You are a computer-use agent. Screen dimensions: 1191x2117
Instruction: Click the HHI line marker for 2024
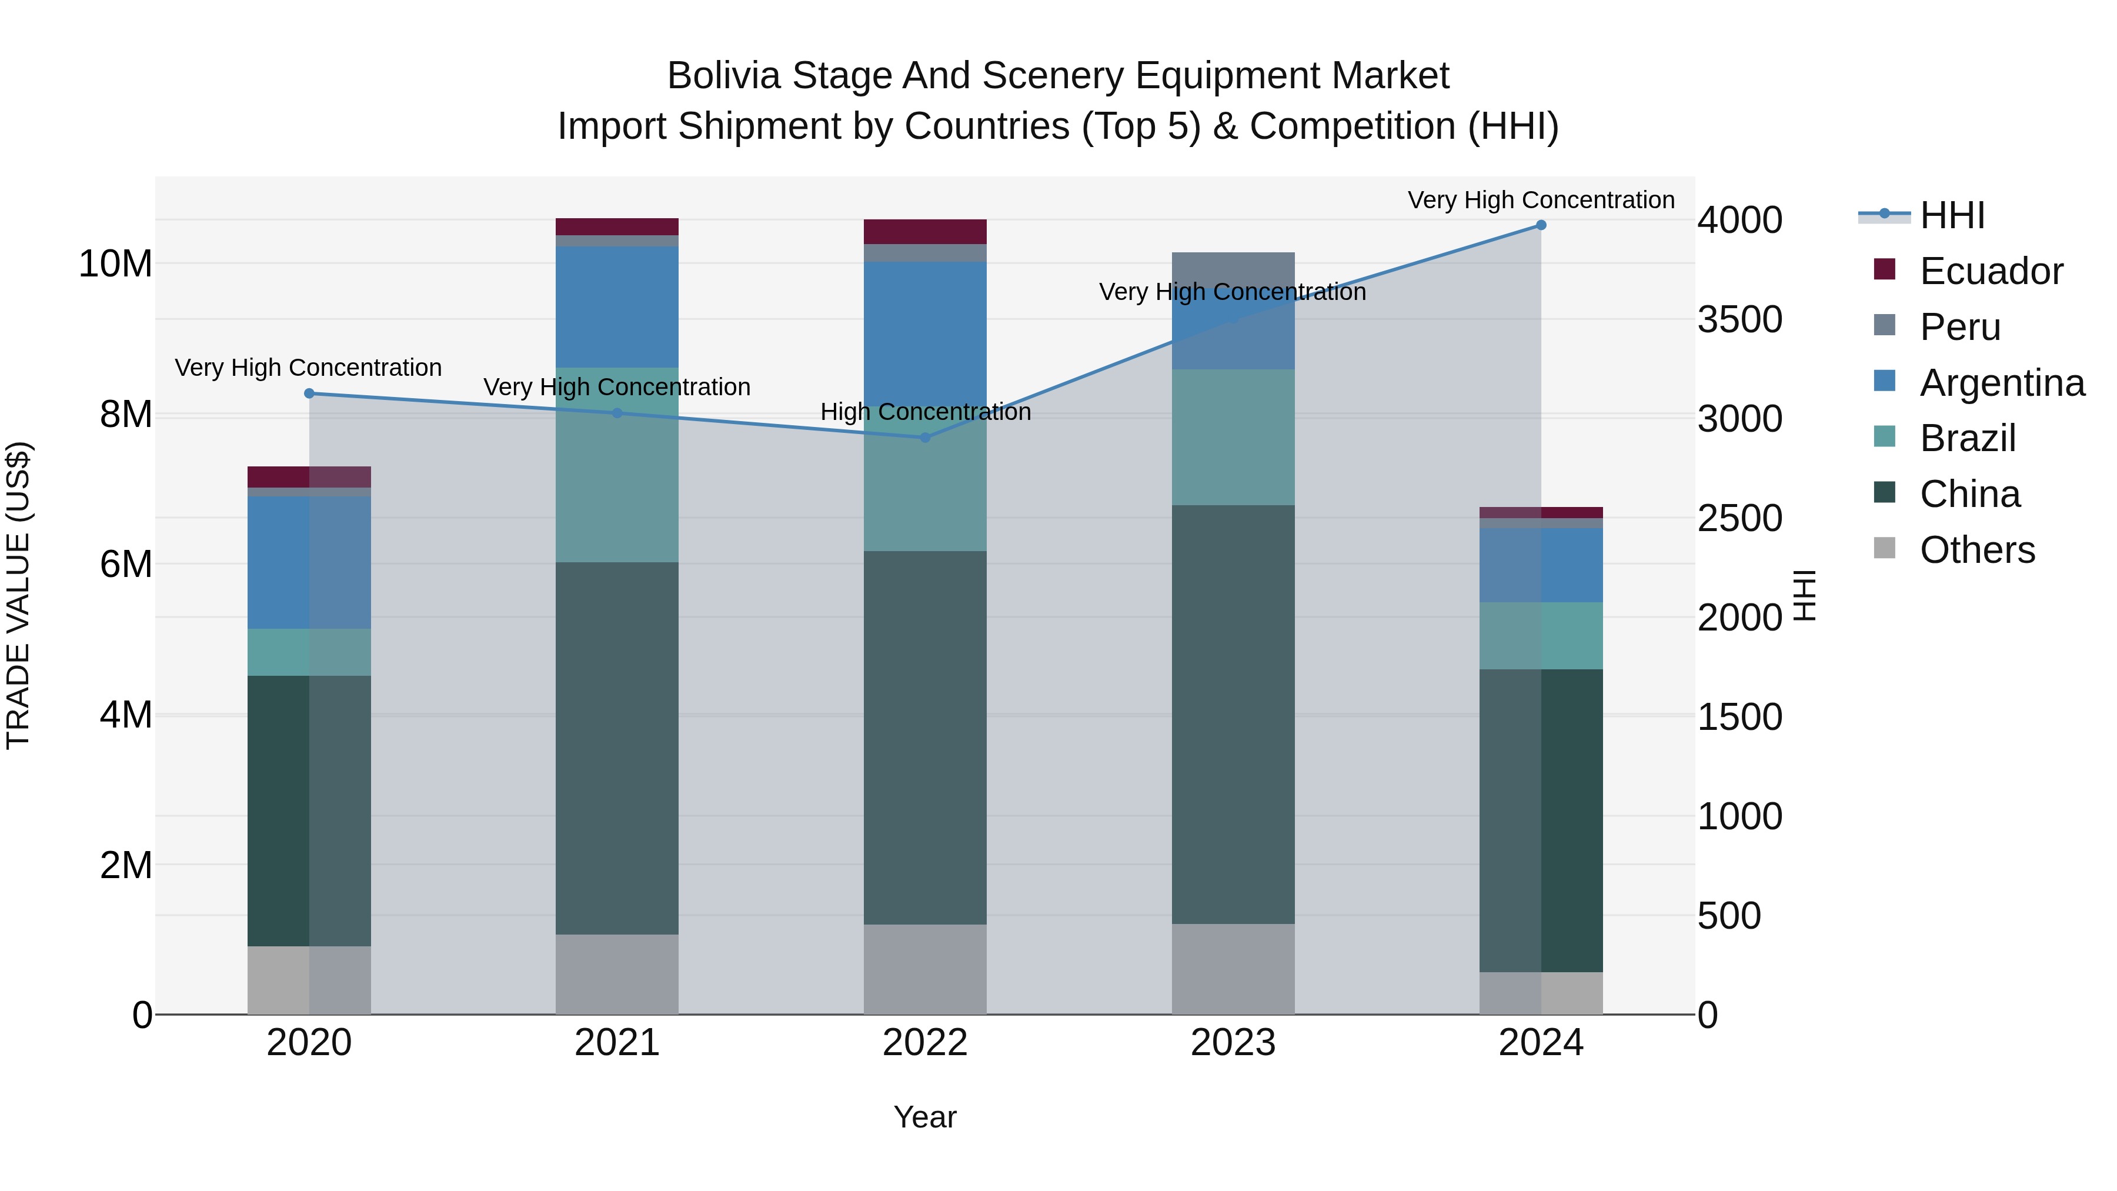click(1541, 225)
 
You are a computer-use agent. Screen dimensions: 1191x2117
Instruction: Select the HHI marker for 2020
click(309, 393)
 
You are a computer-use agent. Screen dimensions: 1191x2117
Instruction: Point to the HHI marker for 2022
click(926, 438)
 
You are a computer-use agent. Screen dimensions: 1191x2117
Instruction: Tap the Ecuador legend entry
click(1991, 271)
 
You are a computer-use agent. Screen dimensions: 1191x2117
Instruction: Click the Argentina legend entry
click(2001, 383)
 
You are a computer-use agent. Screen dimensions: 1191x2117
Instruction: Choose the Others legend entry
click(1976, 550)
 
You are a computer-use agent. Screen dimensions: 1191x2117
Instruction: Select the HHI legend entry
click(1952, 215)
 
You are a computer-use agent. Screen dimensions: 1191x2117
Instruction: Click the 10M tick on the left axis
click(115, 264)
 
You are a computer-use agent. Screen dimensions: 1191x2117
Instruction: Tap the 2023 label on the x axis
click(1233, 1043)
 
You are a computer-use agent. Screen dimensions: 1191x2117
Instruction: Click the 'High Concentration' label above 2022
click(926, 412)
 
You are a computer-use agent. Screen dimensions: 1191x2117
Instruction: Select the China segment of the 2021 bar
click(617, 748)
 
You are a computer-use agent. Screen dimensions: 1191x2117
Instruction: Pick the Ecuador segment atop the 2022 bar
click(926, 232)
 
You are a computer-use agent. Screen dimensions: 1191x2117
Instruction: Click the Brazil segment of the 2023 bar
click(1233, 437)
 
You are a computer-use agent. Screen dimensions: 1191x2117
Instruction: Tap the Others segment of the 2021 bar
click(617, 974)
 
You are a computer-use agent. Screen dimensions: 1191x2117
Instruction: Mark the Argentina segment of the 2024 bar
click(1541, 565)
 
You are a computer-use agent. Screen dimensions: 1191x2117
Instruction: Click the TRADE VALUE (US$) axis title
click(18, 595)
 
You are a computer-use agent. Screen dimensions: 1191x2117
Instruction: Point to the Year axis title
click(926, 1117)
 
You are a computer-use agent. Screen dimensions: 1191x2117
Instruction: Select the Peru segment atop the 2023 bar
click(1233, 271)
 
